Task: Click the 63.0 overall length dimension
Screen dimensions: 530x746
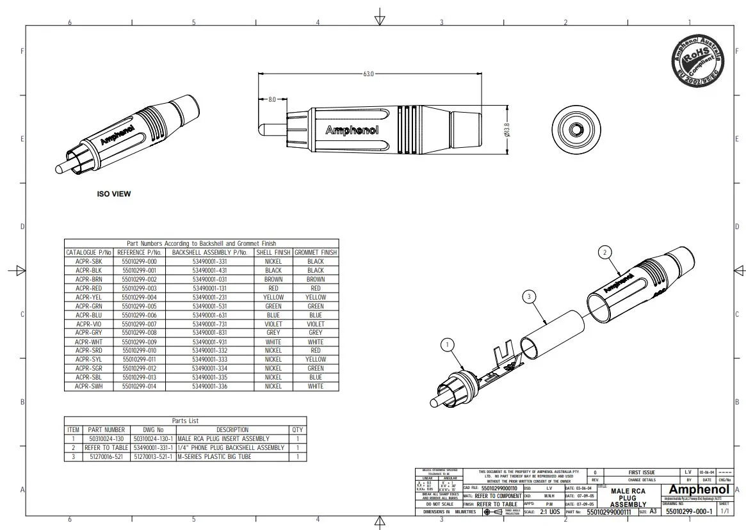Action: (368, 74)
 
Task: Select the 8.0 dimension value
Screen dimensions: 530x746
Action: (272, 100)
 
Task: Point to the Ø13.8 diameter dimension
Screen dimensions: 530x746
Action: (507, 130)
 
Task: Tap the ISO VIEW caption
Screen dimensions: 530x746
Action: (113, 194)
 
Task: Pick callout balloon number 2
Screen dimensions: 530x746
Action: (604, 252)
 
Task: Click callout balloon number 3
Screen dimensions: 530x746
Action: (528, 296)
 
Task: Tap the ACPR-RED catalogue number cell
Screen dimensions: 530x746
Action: (88, 289)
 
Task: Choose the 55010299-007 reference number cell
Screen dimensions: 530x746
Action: (139, 325)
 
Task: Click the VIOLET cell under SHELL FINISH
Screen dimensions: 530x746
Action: (273, 325)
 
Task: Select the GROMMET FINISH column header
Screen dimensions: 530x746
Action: (316, 253)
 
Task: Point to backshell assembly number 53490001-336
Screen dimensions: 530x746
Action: (210, 387)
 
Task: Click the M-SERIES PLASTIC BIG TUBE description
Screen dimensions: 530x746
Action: (214, 457)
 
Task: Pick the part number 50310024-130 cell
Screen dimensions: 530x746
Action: (106, 439)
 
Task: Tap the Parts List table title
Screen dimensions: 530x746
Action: (185, 421)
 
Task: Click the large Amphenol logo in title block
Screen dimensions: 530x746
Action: (699, 490)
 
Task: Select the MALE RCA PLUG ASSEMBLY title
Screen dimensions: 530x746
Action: (628, 497)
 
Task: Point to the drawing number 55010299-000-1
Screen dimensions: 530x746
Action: (688, 512)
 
